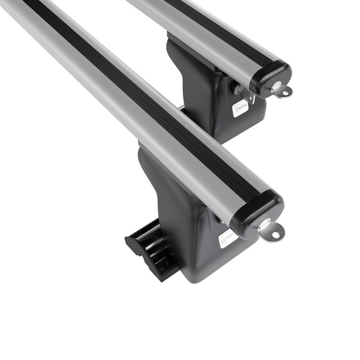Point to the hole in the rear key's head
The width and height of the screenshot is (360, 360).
pyautogui.click(x=284, y=92)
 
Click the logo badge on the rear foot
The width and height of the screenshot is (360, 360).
pyautogui.click(x=241, y=108)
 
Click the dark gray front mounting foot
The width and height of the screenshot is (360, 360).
pyautogui.click(x=180, y=222)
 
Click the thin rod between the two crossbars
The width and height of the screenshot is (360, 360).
pyautogui.click(x=180, y=107)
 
